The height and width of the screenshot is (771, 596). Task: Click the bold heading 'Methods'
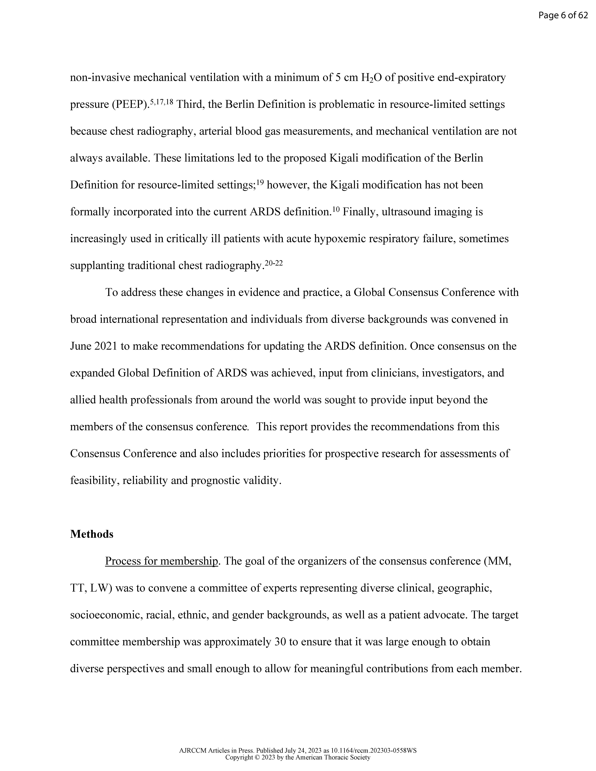point(92,534)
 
